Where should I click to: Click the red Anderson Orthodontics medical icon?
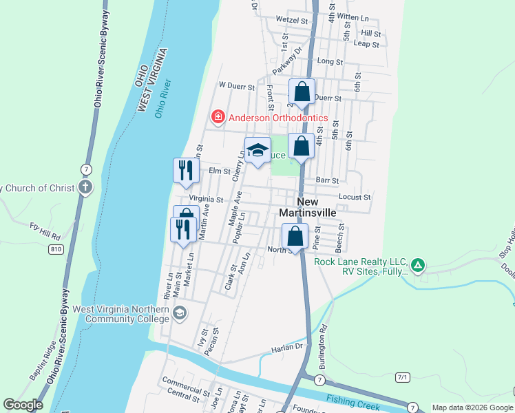[x=218, y=118]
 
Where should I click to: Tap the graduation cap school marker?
[x=257, y=151]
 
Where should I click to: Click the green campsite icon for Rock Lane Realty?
[x=418, y=264]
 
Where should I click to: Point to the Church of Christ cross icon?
[x=85, y=187]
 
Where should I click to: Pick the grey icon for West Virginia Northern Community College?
[x=179, y=314]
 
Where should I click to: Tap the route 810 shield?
[x=56, y=248]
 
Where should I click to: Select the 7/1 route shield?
[x=403, y=377]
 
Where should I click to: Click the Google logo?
[x=23, y=405]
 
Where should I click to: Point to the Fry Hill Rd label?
[x=45, y=231]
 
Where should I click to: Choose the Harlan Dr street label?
[x=289, y=347]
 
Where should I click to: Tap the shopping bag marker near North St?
[x=295, y=237]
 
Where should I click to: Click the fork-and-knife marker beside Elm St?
[x=185, y=170]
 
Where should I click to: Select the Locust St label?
[x=355, y=197]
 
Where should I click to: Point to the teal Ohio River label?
[x=162, y=98]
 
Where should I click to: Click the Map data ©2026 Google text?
[x=472, y=407]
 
